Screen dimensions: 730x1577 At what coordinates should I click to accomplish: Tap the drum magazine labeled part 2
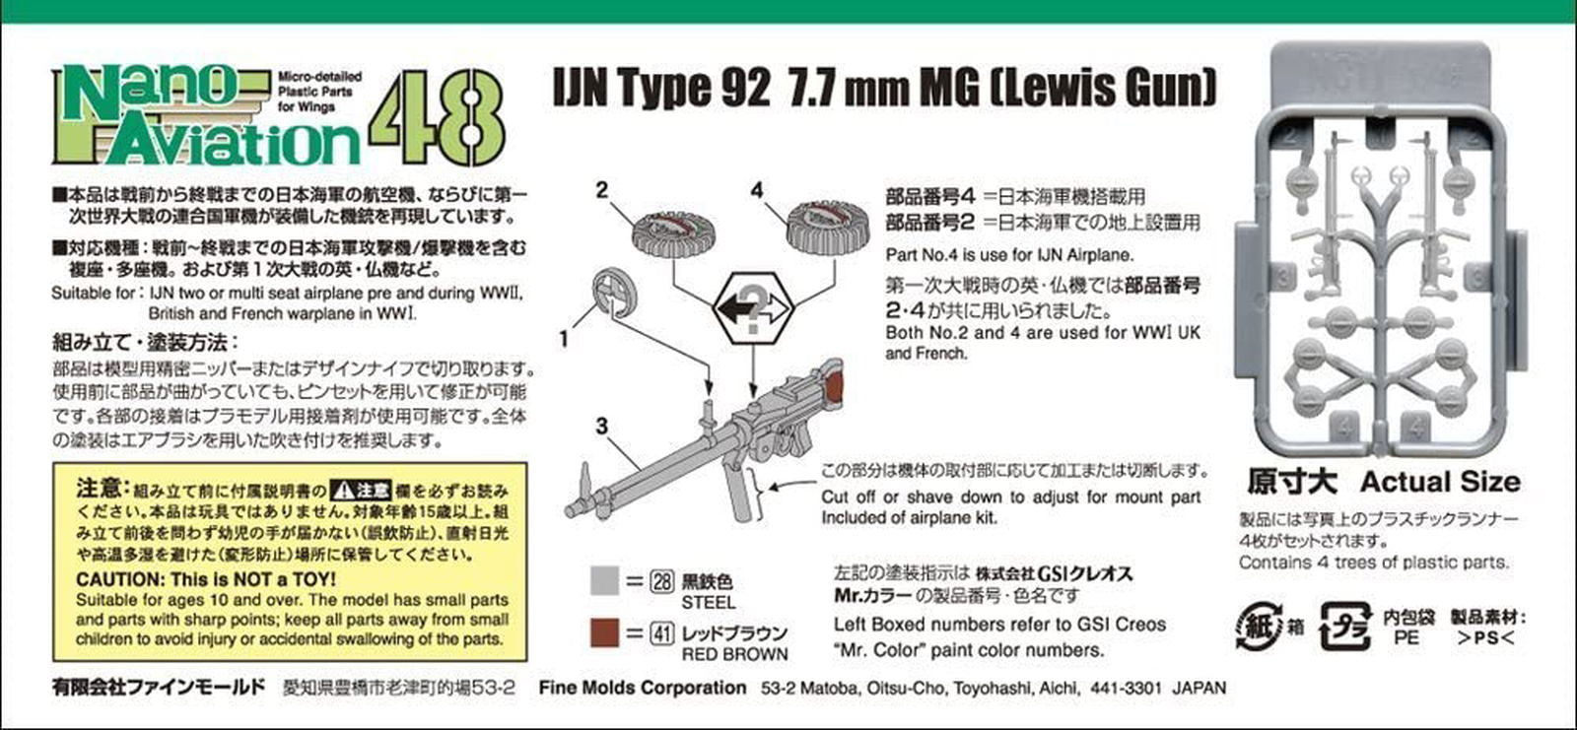pyautogui.click(x=673, y=232)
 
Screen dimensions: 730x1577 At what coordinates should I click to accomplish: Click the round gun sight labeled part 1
pyautogui.click(x=614, y=293)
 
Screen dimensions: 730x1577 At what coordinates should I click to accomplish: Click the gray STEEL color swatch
pyautogui.click(x=604, y=580)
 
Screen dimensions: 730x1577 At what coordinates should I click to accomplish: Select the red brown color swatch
pyautogui.click(x=604, y=631)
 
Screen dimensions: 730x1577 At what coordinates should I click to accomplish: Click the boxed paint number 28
pyautogui.click(x=662, y=581)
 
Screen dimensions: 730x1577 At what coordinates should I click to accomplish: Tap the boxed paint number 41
pyautogui.click(x=662, y=633)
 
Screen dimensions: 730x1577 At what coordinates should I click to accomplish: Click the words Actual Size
pyautogui.click(x=1439, y=482)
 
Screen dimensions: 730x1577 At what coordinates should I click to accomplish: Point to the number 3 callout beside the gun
pyautogui.click(x=601, y=428)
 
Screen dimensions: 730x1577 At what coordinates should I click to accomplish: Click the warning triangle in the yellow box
pyautogui.click(x=342, y=490)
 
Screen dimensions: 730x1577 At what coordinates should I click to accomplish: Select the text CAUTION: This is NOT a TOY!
pyautogui.click(x=206, y=579)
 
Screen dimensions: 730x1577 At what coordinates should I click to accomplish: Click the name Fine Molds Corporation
pyautogui.click(x=642, y=688)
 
